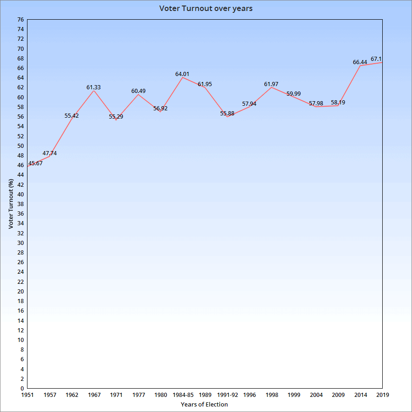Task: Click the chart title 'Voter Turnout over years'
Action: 206,9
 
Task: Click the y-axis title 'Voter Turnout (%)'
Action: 11,204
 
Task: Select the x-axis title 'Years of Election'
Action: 204,404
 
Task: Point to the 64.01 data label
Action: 182,74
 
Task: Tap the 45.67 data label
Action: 35,163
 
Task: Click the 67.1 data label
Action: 376,59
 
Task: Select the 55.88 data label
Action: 227,114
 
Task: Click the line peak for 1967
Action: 94,90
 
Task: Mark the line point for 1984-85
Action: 183,77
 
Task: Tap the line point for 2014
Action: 360,65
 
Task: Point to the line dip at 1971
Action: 116,119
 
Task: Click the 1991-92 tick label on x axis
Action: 227,395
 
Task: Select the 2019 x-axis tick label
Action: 382,395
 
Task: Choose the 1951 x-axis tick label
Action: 27,395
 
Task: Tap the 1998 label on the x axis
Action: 271,395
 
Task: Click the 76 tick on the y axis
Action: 20,20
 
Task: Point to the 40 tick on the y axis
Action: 20,194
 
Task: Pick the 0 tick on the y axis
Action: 22,388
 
